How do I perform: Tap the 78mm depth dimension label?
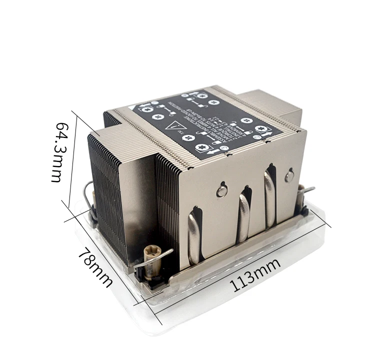click(95, 266)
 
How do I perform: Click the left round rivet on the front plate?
click(222, 191)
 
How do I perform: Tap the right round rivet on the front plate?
click(289, 176)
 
